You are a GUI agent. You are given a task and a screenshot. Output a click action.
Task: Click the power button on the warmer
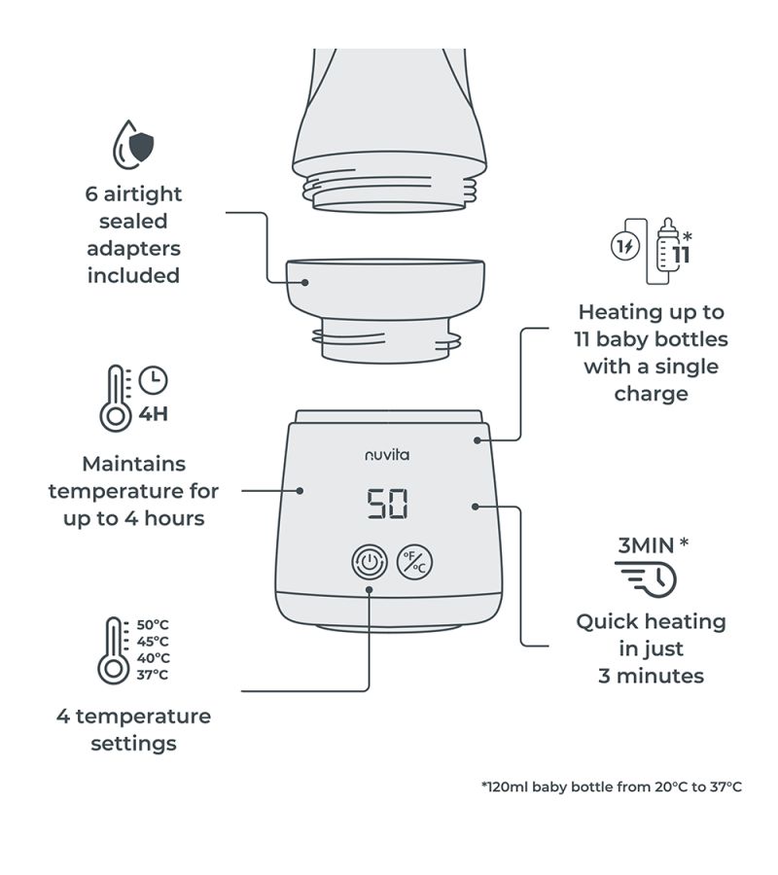point(370,562)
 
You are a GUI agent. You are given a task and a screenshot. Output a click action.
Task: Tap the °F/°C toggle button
point(415,562)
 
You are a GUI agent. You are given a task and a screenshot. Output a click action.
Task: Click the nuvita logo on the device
point(386,454)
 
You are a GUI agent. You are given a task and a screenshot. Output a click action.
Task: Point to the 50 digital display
point(387,504)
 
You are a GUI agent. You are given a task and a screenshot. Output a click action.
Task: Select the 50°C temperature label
point(153,625)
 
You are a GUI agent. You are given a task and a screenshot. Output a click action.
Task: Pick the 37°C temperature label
point(153,675)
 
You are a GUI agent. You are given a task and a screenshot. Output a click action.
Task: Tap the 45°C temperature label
point(153,642)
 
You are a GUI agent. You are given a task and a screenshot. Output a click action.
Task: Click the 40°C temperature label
point(153,658)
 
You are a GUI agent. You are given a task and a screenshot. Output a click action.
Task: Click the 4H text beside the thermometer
point(153,414)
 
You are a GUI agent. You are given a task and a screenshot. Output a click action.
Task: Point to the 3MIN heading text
point(646,544)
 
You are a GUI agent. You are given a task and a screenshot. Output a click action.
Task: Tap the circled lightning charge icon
point(624,247)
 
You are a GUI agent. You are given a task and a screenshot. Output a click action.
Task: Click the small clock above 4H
point(153,379)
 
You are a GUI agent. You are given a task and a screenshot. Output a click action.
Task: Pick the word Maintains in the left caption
point(133,464)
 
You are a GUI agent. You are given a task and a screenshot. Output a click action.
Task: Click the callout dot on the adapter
point(304,283)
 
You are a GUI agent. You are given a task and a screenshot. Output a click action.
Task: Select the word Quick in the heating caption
point(609,621)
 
